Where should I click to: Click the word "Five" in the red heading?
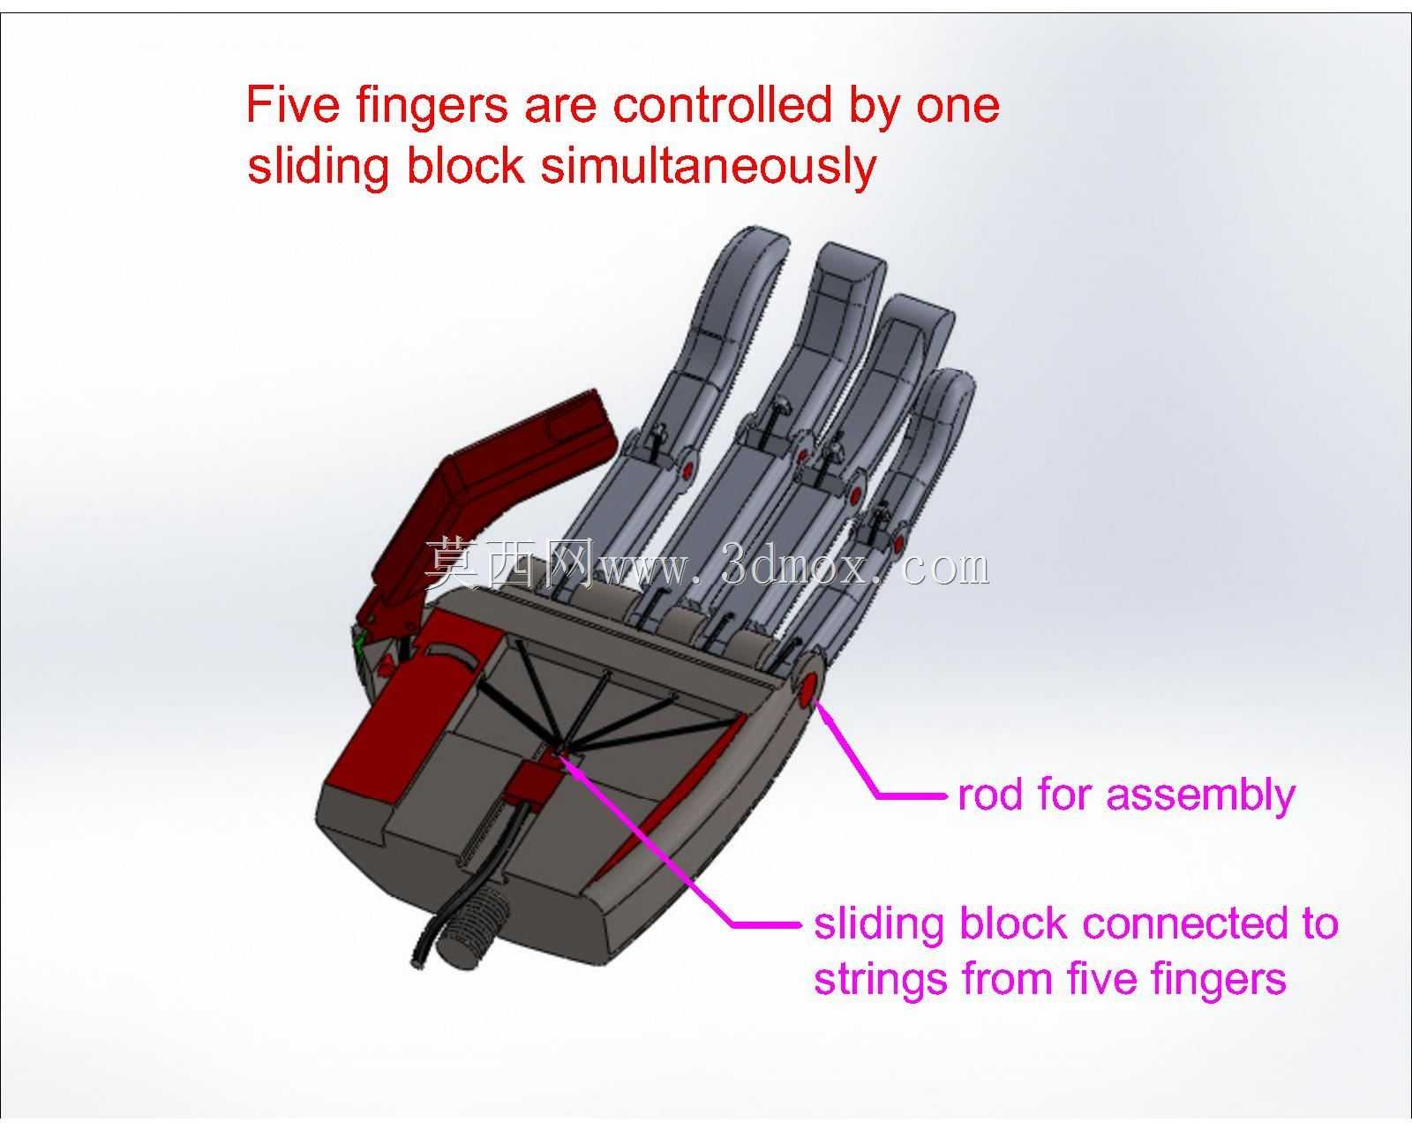(x=293, y=105)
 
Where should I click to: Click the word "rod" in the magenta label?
(x=990, y=795)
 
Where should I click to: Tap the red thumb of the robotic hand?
(x=499, y=499)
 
